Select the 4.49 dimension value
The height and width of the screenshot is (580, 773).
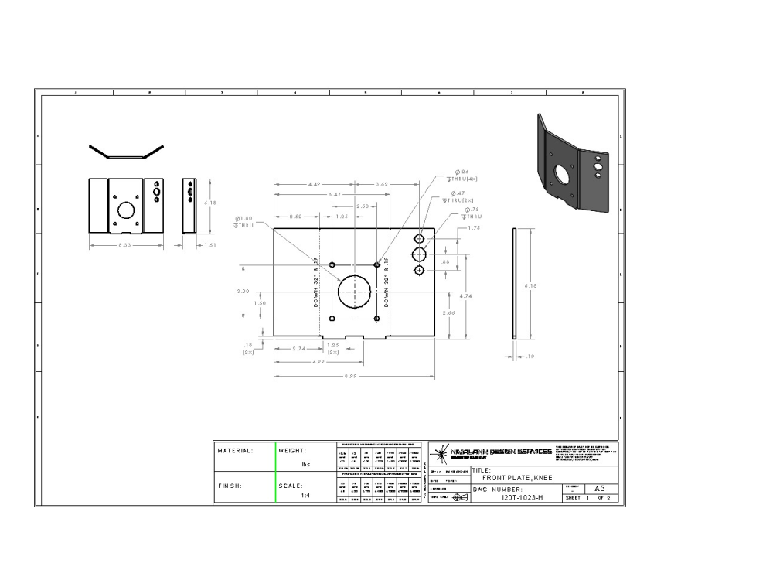point(314,185)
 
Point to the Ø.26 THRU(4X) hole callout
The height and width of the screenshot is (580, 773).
point(467,175)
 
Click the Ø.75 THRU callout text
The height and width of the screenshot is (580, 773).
point(472,213)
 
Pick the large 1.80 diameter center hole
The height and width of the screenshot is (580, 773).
point(355,292)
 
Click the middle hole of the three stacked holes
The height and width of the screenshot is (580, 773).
point(419,254)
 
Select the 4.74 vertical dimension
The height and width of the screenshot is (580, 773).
point(466,295)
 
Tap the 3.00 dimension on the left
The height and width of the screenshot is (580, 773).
point(243,291)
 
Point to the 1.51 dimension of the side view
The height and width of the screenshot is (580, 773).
point(209,245)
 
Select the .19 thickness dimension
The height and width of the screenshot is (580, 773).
point(530,357)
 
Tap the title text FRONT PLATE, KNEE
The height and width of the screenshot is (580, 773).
point(517,477)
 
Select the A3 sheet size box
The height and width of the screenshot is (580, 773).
point(599,489)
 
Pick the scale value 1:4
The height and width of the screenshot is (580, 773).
point(306,498)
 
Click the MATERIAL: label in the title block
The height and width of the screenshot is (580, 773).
point(235,450)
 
